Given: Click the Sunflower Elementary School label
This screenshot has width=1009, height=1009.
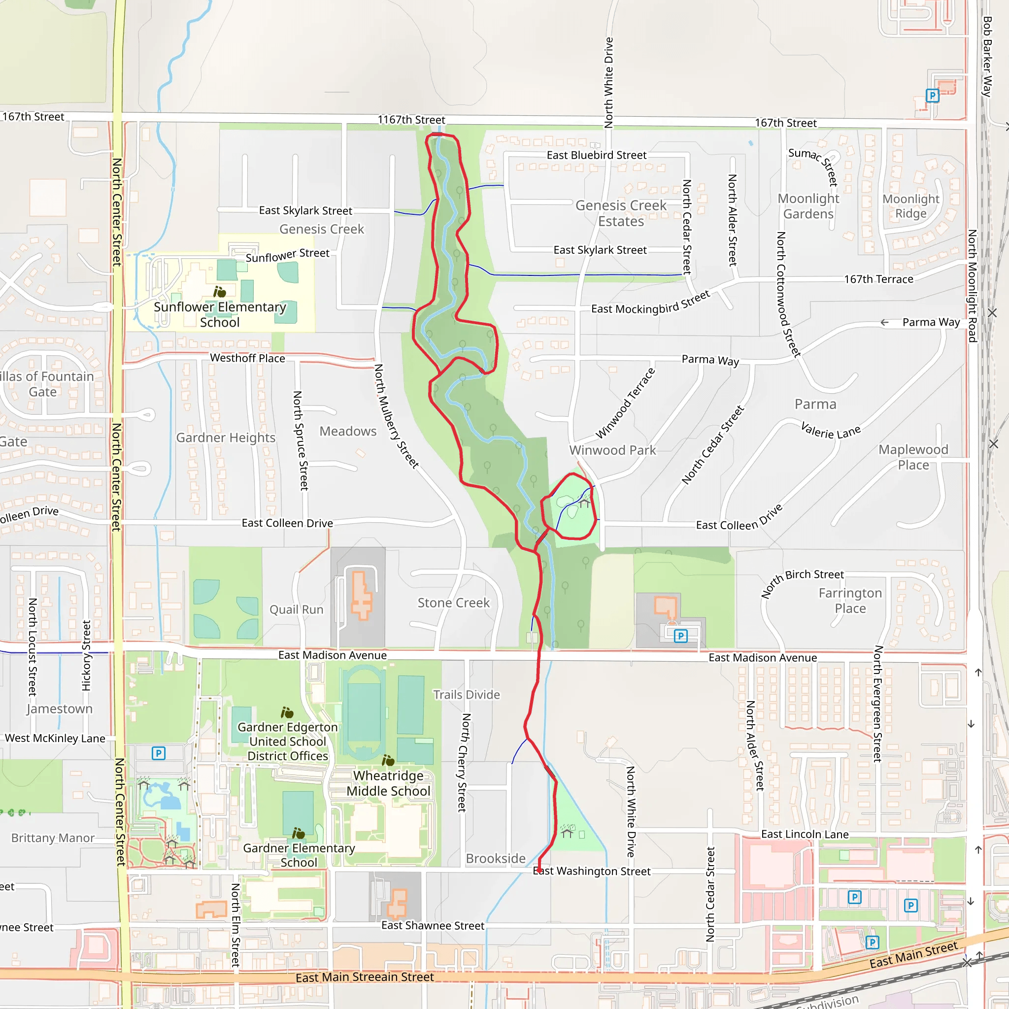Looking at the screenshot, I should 220,314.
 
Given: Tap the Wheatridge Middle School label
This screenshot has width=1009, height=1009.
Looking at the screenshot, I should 389,783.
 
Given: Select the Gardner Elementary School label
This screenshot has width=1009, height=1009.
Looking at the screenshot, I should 299,855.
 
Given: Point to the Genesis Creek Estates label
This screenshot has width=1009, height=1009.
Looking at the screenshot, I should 621,213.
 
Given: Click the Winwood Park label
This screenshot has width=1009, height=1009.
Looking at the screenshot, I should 612,450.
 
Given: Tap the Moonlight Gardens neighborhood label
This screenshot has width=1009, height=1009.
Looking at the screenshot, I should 808,206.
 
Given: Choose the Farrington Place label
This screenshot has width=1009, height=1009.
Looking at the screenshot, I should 850,601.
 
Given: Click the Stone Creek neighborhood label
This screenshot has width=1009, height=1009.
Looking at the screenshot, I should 454,603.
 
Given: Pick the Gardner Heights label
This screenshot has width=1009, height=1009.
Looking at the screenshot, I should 226,437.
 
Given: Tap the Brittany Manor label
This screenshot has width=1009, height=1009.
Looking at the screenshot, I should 53,838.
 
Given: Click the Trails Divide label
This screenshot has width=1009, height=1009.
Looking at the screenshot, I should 467,695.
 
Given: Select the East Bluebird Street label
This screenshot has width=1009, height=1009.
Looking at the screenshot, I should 597,155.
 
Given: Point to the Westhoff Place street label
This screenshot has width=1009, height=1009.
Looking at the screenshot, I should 247,358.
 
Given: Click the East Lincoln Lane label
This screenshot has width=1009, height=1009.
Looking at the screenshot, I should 805,834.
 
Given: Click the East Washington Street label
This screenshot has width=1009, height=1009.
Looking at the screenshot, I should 592,871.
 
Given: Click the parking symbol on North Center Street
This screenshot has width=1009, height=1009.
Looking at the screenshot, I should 158,753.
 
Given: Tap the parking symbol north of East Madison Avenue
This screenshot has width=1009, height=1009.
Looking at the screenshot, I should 680,636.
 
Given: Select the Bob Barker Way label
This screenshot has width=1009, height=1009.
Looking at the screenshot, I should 987,56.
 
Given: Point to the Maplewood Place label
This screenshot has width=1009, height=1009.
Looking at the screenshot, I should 913,457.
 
